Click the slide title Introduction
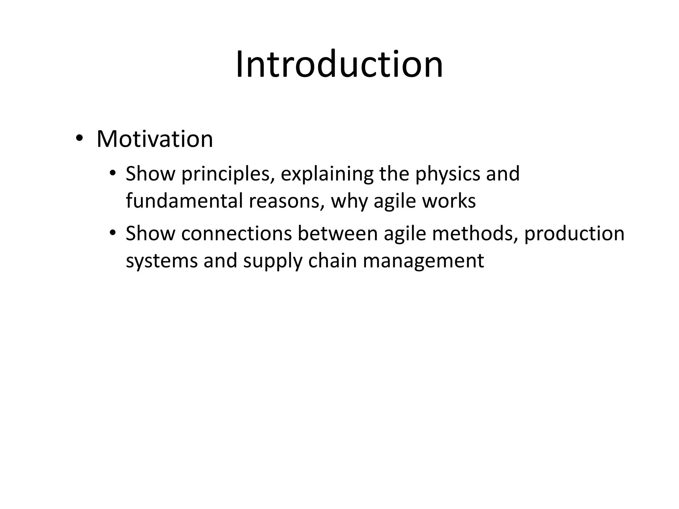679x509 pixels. click(x=339, y=64)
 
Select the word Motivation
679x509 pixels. click(x=154, y=139)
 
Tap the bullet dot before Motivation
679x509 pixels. click(x=79, y=138)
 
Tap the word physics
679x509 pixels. click(x=448, y=174)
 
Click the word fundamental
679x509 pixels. click(x=184, y=201)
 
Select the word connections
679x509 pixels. click(x=236, y=233)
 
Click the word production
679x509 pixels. click(x=574, y=234)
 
